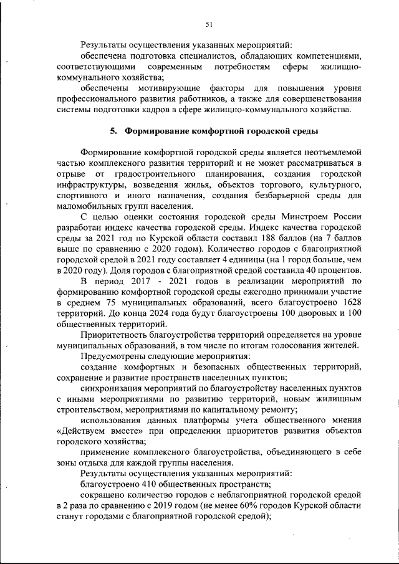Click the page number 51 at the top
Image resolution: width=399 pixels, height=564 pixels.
point(209,24)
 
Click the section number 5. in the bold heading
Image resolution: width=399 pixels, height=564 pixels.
point(113,131)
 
